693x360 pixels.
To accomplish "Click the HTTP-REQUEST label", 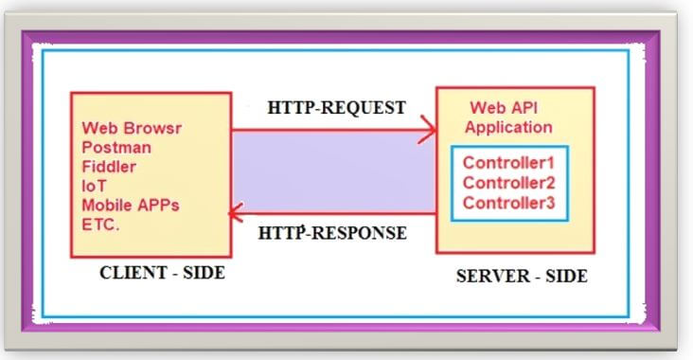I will [336, 108].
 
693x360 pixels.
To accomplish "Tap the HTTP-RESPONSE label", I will [332, 233].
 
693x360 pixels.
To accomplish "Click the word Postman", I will [115, 147].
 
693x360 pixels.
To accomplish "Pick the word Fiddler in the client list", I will [109, 166].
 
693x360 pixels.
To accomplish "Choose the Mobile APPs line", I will [129, 205].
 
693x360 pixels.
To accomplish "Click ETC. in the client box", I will [100, 224].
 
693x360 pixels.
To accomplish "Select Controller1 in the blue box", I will [508, 162].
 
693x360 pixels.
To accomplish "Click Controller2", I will [508, 182].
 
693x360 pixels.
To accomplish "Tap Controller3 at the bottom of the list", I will [508, 202].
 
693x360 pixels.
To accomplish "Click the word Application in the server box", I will [508, 127].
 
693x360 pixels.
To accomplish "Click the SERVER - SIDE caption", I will [521, 277].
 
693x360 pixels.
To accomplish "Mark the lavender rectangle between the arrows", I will [333, 171].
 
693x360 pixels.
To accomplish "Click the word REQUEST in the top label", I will [364, 108].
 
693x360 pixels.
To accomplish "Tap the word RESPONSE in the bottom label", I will [361, 233].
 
